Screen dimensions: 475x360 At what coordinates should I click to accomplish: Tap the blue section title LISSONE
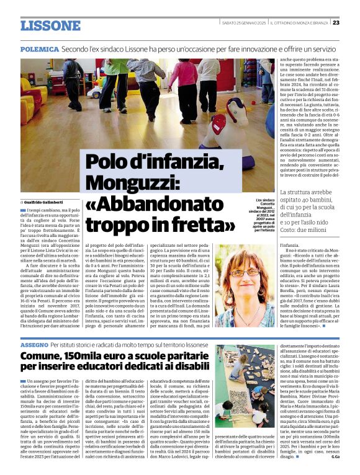(50, 26)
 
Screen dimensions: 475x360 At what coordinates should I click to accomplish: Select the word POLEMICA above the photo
(38, 48)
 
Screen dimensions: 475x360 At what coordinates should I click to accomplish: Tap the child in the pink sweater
(184, 87)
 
